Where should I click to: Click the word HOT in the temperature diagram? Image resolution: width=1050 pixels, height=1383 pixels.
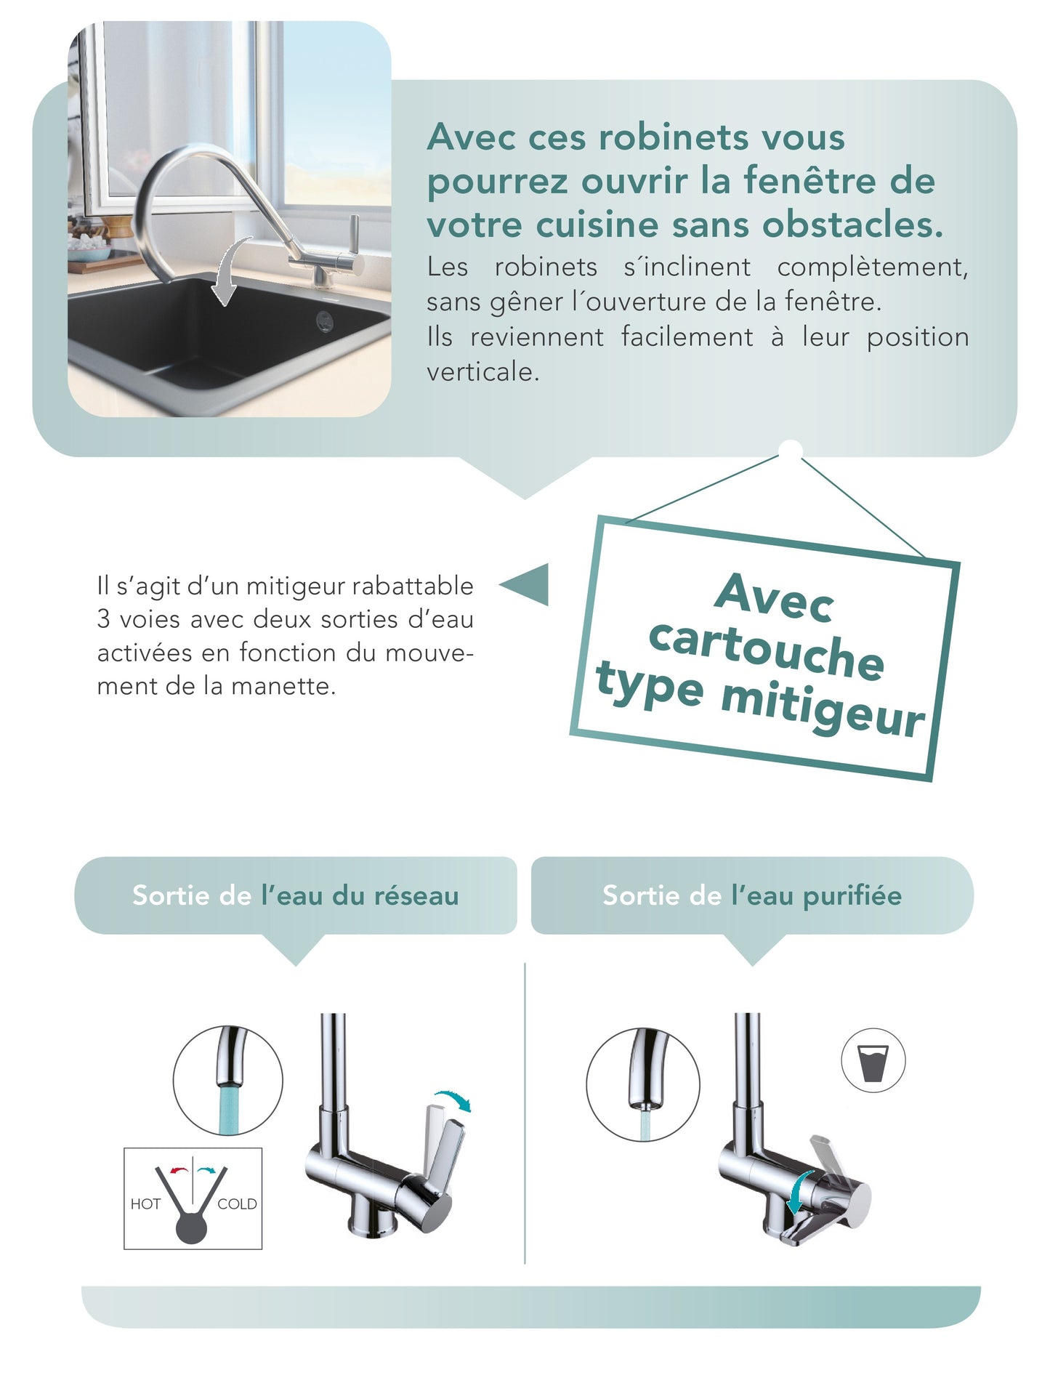tap(145, 1203)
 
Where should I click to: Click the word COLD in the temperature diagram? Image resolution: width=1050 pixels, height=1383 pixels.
tap(237, 1203)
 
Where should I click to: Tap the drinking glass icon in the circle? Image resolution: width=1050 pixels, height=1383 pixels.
tap(873, 1061)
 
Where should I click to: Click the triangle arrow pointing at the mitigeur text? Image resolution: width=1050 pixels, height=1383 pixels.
tap(525, 584)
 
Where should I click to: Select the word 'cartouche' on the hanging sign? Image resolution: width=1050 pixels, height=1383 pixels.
tap(766, 649)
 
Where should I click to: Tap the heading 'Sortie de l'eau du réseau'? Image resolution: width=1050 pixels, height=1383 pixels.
tap(295, 895)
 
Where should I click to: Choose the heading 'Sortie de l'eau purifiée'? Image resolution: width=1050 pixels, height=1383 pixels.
tap(752, 895)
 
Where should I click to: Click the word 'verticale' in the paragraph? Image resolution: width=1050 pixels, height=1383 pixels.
tap(482, 372)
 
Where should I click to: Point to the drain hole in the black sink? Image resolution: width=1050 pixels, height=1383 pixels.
tap(324, 318)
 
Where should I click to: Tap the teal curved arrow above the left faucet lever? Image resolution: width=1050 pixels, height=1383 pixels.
tap(453, 1099)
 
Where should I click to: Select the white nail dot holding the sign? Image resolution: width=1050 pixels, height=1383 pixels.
tap(791, 450)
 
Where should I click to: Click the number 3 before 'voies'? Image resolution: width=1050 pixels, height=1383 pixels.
tap(103, 619)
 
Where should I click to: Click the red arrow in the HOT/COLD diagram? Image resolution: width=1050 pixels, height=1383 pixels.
tap(178, 1170)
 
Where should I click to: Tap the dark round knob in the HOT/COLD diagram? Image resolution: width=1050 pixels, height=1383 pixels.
tap(192, 1227)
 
